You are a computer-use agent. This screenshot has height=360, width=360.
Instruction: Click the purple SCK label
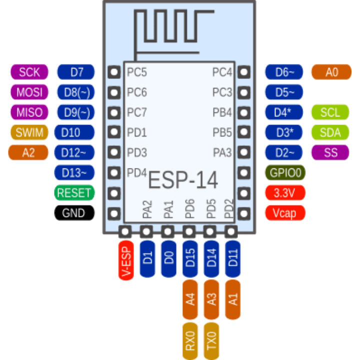[x=29, y=72]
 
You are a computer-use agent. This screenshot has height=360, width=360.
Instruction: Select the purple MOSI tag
[x=29, y=92]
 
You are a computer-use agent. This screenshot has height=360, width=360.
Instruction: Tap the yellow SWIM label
[x=29, y=132]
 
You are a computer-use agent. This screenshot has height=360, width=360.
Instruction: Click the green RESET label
[x=74, y=192]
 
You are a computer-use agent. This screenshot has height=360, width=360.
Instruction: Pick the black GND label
[x=74, y=213]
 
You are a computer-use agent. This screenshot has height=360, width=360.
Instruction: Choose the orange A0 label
[x=331, y=72]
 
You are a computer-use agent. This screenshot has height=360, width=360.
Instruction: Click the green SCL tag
[x=330, y=112]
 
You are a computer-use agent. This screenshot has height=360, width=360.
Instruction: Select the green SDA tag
[x=330, y=132]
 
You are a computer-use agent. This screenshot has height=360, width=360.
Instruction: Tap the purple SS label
[x=330, y=152]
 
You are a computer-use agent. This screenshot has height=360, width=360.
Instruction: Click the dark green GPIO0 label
[x=285, y=173]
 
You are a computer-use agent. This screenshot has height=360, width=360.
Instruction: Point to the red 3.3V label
[x=285, y=193]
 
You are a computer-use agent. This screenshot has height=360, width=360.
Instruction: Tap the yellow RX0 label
[x=190, y=341]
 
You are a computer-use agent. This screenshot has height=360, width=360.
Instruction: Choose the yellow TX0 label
[x=211, y=341]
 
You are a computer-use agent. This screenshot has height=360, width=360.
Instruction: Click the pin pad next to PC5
[x=114, y=72]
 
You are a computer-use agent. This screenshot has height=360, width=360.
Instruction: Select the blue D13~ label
[x=74, y=173]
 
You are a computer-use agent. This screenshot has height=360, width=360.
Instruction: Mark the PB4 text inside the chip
[x=222, y=112]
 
